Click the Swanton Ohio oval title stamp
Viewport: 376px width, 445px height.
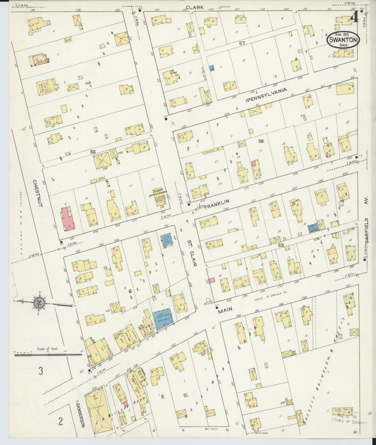coord(343,40)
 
